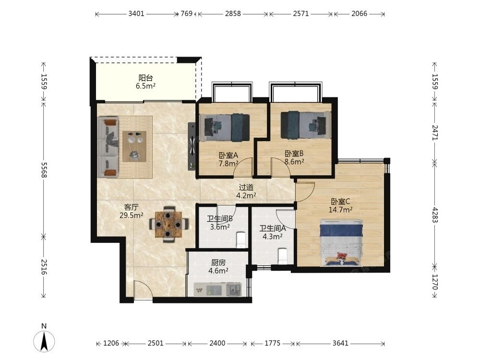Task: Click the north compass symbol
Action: (44, 340)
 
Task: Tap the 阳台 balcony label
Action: (145, 78)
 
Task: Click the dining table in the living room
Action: (168, 225)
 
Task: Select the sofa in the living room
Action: (108, 147)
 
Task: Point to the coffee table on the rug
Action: (134, 146)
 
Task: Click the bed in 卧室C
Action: (341, 242)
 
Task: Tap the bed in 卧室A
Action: (224, 127)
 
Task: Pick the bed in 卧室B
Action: (306, 125)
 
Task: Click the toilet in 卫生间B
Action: (241, 240)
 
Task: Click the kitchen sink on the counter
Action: (234, 289)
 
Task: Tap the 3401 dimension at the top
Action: (136, 14)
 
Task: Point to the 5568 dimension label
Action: (44, 170)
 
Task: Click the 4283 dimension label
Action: (435, 215)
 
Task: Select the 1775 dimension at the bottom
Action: (273, 343)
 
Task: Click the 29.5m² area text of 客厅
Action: (132, 215)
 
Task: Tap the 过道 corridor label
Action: (246, 187)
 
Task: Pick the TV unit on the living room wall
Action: (192, 146)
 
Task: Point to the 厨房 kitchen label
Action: (218, 263)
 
